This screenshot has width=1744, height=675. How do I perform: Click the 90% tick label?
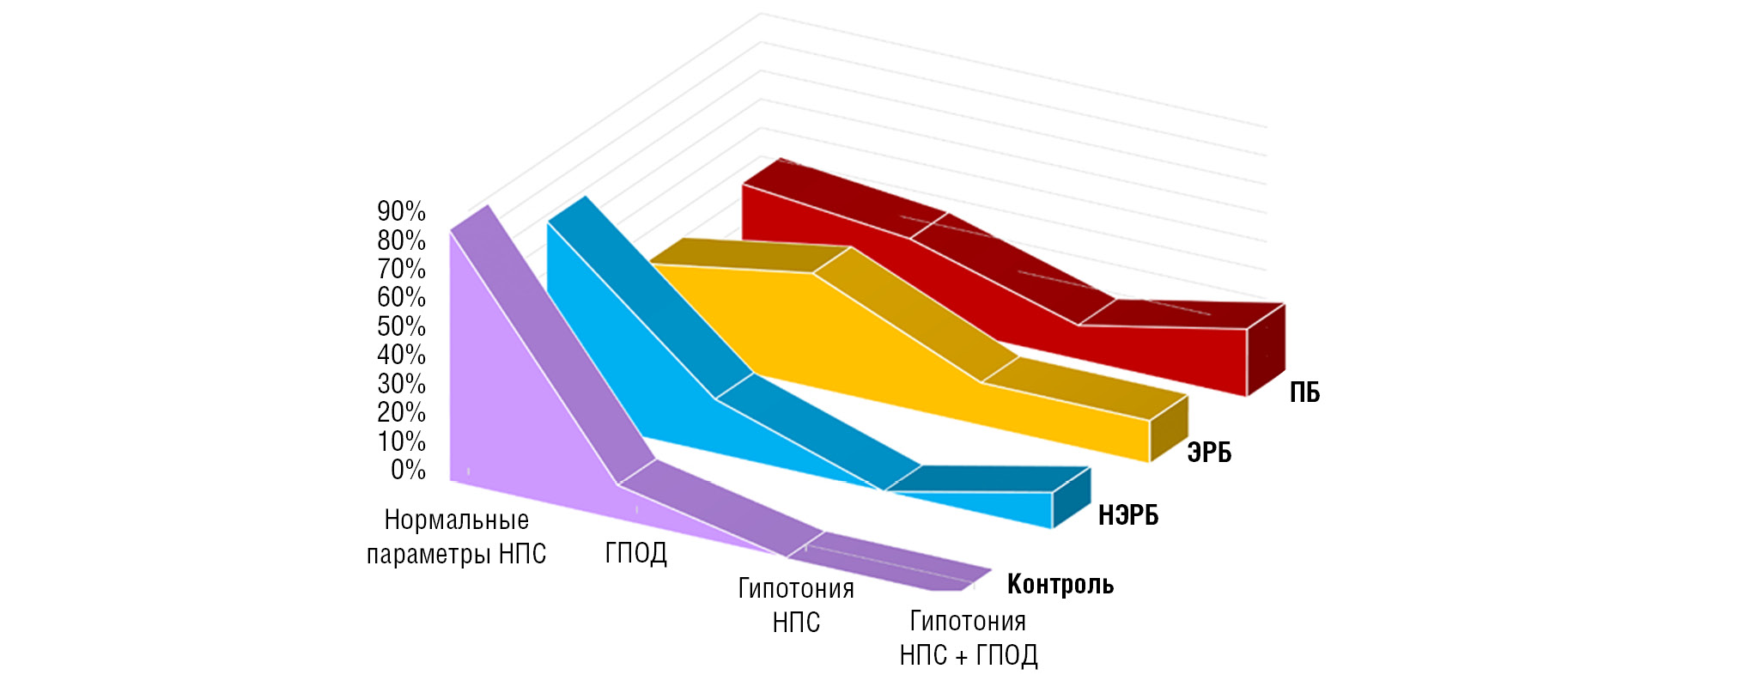[x=401, y=211]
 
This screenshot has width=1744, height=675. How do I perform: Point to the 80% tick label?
[x=401, y=240]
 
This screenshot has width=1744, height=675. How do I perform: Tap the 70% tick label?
[x=401, y=269]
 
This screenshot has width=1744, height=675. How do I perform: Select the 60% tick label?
[x=401, y=297]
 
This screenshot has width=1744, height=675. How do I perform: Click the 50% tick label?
[x=401, y=326]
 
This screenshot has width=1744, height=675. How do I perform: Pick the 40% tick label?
[x=401, y=355]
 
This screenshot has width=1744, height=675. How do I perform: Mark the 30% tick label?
[x=401, y=384]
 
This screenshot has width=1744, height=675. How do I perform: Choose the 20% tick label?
[x=401, y=412]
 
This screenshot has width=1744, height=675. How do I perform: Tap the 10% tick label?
[x=401, y=441]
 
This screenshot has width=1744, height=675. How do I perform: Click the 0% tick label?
[x=408, y=470]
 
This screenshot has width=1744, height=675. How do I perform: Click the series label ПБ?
[x=1304, y=392]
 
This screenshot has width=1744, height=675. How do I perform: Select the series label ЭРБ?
[x=1209, y=453]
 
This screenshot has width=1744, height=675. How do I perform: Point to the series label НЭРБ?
[x=1128, y=515]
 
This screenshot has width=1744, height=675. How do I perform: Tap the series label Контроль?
[x=1060, y=584]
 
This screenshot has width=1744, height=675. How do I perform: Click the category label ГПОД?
[x=635, y=553]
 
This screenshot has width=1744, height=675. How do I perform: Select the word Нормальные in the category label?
[x=456, y=520]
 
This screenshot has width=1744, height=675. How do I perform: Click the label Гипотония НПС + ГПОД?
[x=969, y=638]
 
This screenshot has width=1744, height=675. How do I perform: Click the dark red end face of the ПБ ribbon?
[x=1266, y=350]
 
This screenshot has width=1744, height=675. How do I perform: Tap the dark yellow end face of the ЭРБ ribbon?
[x=1169, y=428]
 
